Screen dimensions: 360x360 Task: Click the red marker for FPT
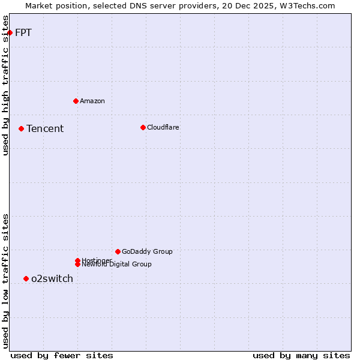coord(10,32)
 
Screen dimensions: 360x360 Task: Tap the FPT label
coord(23,32)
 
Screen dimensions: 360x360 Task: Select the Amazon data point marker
coord(76,101)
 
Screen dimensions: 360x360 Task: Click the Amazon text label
coord(92,101)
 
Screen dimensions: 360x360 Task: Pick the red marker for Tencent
coord(21,128)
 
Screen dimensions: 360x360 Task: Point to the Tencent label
coord(45,128)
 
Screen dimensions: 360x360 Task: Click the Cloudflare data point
coord(143,127)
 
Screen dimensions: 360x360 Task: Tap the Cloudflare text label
coord(163,127)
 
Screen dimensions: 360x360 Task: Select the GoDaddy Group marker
coord(118,251)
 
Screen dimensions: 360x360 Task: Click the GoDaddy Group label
coord(147,251)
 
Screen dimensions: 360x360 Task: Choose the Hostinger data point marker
coord(77,260)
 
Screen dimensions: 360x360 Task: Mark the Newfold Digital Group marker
coord(77,265)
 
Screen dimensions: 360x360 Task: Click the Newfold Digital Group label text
coord(116,265)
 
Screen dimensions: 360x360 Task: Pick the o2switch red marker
coord(26,278)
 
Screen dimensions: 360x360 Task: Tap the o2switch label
coord(52,278)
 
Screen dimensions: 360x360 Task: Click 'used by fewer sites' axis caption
coord(62,355)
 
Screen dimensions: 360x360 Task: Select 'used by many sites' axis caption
coord(301,355)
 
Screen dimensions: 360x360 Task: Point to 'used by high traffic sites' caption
coord(6,85)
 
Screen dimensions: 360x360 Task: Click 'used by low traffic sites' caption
coord(6,281)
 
